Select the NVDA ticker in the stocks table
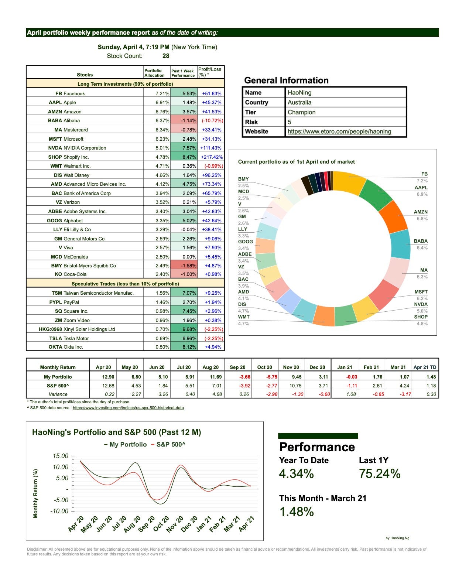(x=55, y=148)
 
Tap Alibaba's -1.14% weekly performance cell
(x=184, y=120)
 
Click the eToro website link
(x=339, y=131)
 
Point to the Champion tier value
(x=301, y=112)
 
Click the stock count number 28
(x=166, y=56)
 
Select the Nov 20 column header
(x=291, y=367)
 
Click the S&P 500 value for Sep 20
(x=237, y=386)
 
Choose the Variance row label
(x=58, y=394)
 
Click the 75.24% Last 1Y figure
(x=379, y=474)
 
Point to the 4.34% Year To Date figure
(x=296, y=474)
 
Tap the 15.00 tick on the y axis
(x=61, y=456)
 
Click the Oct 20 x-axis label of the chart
(x=161, y=524)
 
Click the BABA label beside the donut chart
(x=421, y=241)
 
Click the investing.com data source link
(x=128, y=408)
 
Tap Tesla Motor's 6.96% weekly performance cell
(x=184, y=338)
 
